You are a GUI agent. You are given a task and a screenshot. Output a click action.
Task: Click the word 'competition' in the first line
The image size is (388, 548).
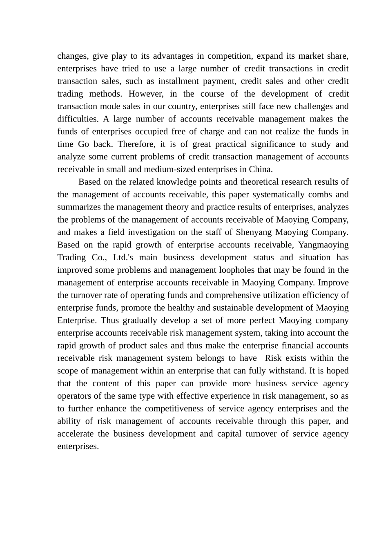[x=229, y=56]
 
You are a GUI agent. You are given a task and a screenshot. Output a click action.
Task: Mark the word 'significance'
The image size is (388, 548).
[x=273, y=145]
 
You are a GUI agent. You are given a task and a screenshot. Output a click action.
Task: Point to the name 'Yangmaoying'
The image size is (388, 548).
[x=323, y=245]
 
